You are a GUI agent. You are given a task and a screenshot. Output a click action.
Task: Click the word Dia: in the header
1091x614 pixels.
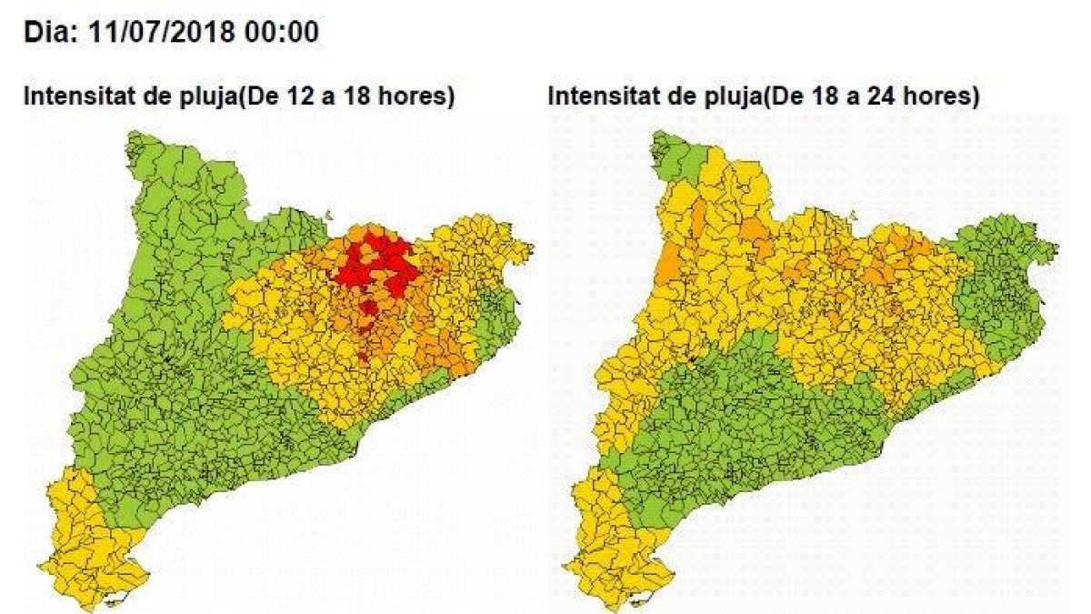[51, 33]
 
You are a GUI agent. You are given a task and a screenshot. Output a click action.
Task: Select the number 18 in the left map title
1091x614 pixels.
[358, 96]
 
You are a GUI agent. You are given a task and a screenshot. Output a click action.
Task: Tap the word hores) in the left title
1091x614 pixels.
[418, 96]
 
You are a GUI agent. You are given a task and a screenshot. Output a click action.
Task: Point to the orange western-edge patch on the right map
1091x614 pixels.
[667, 264]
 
